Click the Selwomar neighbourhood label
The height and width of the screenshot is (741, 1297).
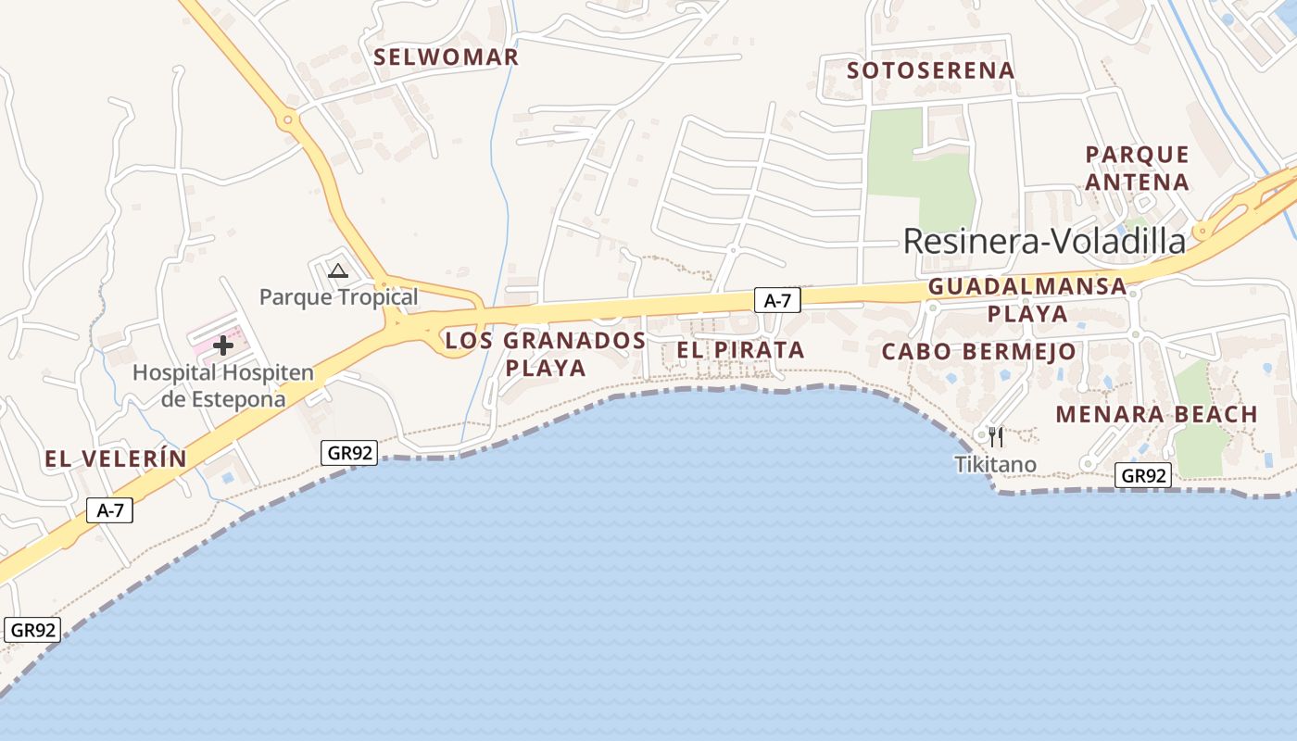coord(446,57)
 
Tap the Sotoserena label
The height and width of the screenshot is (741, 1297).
coord(930,70)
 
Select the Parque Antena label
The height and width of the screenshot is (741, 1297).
coord(1137,168)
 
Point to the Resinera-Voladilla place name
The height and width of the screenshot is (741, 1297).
coord(1044,241)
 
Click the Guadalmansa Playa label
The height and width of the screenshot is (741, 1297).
coord(1027,299)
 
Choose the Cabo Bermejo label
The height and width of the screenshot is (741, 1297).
coord(978,352)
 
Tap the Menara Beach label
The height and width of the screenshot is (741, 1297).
coord(1156,414)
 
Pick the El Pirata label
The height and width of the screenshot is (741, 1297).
coord(740,350)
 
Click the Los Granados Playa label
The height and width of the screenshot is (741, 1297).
coord(545,354)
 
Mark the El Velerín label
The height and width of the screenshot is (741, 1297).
coord(116,458)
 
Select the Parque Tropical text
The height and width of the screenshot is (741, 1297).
coord(338,297)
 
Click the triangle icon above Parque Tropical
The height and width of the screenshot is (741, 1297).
coord(338,270)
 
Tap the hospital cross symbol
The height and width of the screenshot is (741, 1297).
coord(223,345)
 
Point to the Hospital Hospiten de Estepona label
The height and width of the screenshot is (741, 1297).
coord(223,385)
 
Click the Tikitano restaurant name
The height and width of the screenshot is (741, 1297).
coord(996,464)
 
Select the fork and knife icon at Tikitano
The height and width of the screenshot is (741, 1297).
coord(996,436)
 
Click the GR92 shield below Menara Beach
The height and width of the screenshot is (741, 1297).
coord(1142,476)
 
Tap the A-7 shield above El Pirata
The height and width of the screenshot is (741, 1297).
coord(776,299)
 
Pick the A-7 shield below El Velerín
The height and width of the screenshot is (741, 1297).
coord(110,509)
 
